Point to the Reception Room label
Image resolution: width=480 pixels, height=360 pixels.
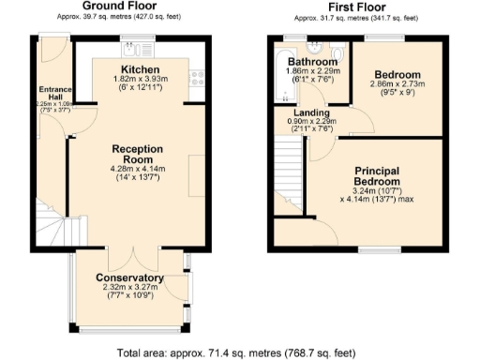point(138,155)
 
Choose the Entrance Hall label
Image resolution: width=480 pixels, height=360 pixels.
point(54,95)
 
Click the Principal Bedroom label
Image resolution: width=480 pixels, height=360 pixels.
point(378,176)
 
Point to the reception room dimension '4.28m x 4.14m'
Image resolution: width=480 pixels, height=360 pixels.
point(138,170)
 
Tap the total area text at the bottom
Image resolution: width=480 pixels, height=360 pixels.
point(237,352)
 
